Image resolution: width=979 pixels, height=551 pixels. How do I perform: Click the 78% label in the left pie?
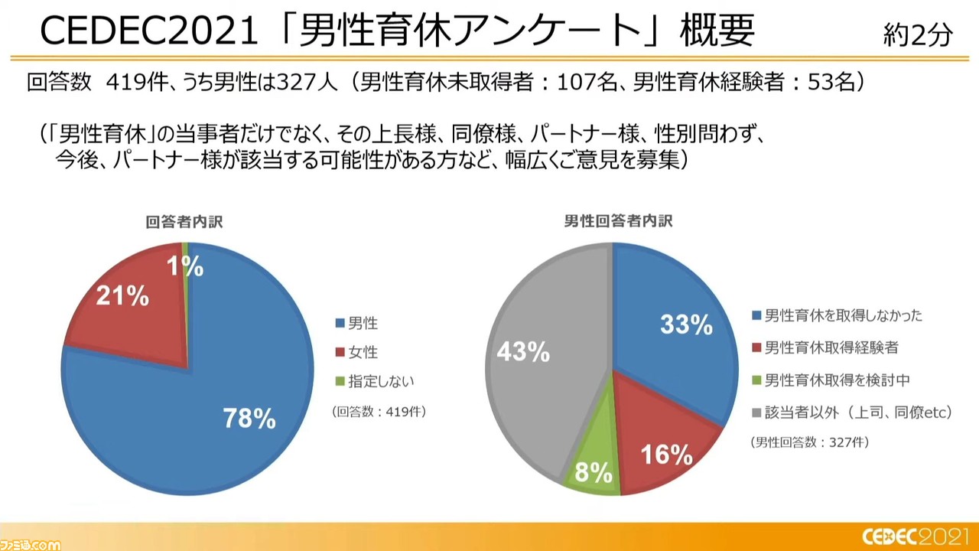pyautogui.click(x=249, y=418)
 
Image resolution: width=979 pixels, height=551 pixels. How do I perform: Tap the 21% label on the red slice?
pyautogui.click(x=122, y=296)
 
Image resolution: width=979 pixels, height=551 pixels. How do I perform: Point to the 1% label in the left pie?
pyautogui.click(x=185, y=266)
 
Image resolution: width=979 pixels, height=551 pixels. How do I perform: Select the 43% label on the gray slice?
pyautogui.click(x=523, y=351)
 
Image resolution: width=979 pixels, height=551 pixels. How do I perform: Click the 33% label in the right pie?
pyautogui.click(x=686, y=324)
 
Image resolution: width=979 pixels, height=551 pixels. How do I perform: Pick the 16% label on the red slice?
pyautogui.click(x=666, y=454)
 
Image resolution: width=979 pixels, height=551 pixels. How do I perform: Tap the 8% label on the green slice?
pyautogui.click(x=594, y=472)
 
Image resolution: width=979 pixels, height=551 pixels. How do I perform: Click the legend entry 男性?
pyautogui.click(x=356, y=323)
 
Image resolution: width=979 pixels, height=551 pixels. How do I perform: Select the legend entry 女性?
pyautogui.click(x=356, y=352)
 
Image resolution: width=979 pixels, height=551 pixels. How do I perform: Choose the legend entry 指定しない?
pyautogui.click(x=375, y=381)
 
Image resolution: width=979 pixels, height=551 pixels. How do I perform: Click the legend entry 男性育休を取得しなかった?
pyautogui.click(x=837, y=315)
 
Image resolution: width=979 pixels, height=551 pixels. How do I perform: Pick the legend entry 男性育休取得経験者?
pyautogui.click(x=825, y=347)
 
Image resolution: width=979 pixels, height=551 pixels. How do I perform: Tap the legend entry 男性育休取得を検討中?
pyautogui.click(x=831, y=380)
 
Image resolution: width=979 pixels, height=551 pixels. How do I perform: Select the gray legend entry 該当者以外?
pyautogui.click(x=852, y=412)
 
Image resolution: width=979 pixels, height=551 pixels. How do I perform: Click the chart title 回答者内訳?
pyautogui.click(x=184, y=222)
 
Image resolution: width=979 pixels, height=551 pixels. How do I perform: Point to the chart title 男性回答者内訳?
pyautogui.click(x=618, y=221)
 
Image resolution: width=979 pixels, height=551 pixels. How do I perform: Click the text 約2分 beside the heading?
pyautogui.click(x=917, y=34)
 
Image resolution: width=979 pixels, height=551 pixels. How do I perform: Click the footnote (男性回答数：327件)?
pyautogui.click(x=810, y=442)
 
